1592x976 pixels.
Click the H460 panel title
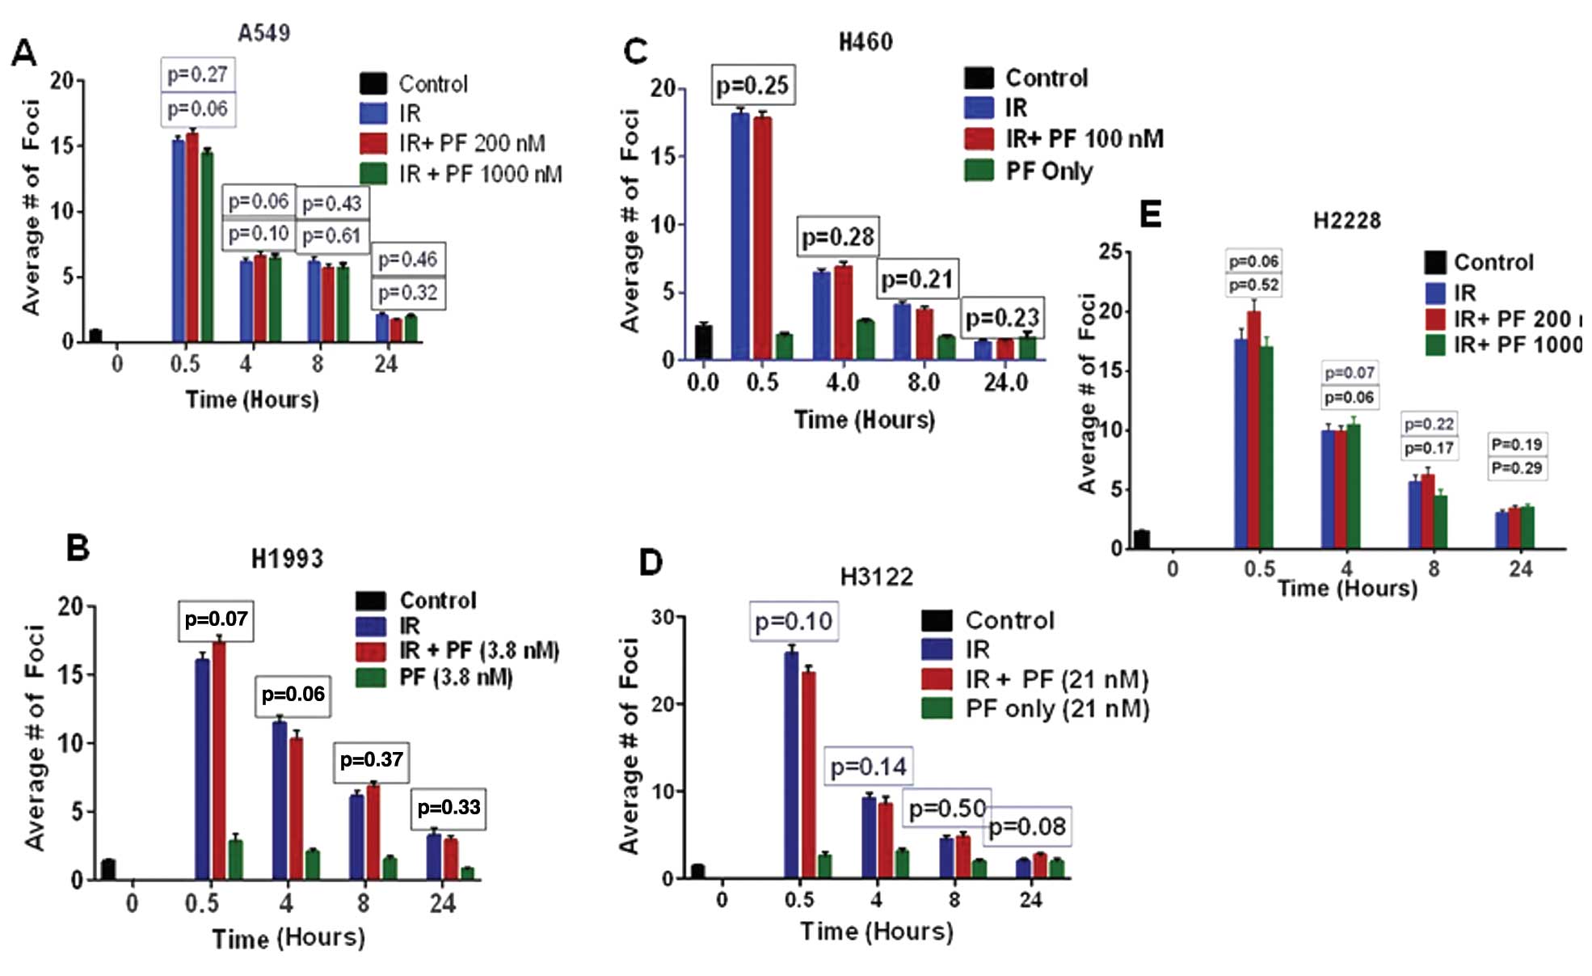865,41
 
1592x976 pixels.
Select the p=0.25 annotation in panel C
753,85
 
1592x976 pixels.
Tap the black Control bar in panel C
703,341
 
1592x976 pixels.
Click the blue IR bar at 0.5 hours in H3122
791,764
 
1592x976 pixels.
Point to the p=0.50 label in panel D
947,809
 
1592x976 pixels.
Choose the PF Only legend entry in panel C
1048,171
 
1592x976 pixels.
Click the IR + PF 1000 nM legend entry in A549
479,173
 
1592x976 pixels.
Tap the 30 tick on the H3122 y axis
662,618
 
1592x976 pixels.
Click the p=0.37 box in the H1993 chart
371,760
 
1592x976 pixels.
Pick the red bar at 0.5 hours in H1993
218,760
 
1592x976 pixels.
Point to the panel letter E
1149,215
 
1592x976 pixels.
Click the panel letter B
78,547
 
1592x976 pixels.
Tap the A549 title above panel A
263,32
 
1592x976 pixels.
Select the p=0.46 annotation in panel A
408,260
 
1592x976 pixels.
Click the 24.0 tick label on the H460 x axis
1005,382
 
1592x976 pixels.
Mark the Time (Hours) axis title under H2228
1347,588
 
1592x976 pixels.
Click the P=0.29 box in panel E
1517,468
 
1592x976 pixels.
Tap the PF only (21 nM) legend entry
1057,709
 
